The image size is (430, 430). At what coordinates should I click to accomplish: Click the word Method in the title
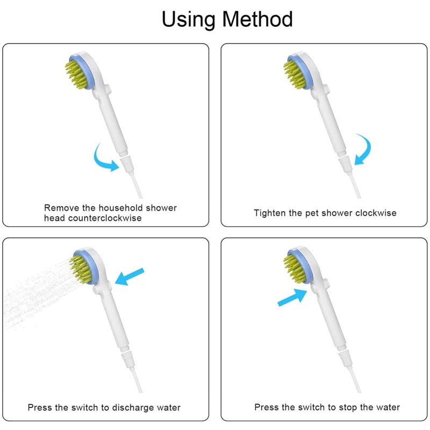[x=257, y=19]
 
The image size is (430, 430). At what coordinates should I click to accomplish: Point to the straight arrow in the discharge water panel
[x=130, y=276]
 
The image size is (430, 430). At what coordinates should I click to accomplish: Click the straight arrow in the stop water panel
[x=292, y=297]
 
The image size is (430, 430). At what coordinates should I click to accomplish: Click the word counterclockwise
[x=105, y=218]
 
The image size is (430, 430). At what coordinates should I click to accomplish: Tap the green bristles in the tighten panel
[x=296, y=74]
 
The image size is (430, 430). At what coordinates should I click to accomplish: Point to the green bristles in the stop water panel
[x=296, y=268]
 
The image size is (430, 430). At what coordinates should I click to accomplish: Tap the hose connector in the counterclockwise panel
[x=127, y=164]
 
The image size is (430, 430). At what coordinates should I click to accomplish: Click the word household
[x=121, y=208]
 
